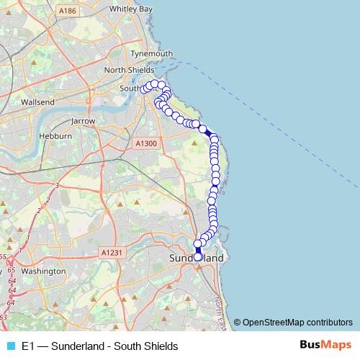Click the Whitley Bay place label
coord(130,9)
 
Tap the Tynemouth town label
coord(151,54)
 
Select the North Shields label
coord(129,71)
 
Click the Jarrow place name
coord(83,122)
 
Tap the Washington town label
coord(43,271)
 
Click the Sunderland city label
coord(196,257)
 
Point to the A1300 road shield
coord(145,144)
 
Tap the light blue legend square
coord(9,346)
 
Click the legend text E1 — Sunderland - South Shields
coord(100,346)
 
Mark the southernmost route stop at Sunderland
coord(198,256)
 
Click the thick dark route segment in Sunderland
coord(198,250)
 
